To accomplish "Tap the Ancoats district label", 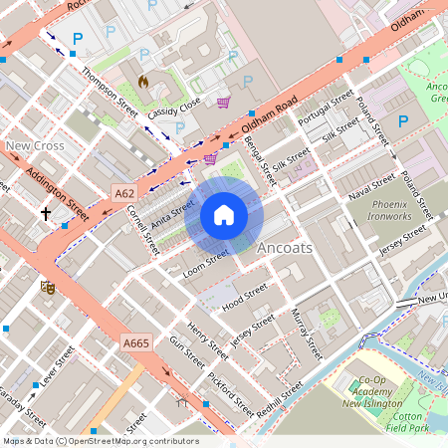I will (x=285, y=247).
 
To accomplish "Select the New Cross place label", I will (x=35, y=146).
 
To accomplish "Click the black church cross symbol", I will (x=45, y=213).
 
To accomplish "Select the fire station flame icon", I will (x=143, y=81).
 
